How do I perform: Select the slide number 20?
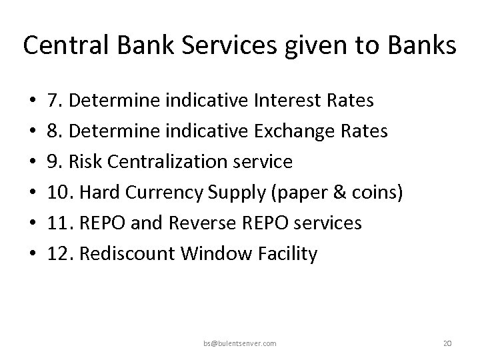(447, 343)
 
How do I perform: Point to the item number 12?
(59, 254)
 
